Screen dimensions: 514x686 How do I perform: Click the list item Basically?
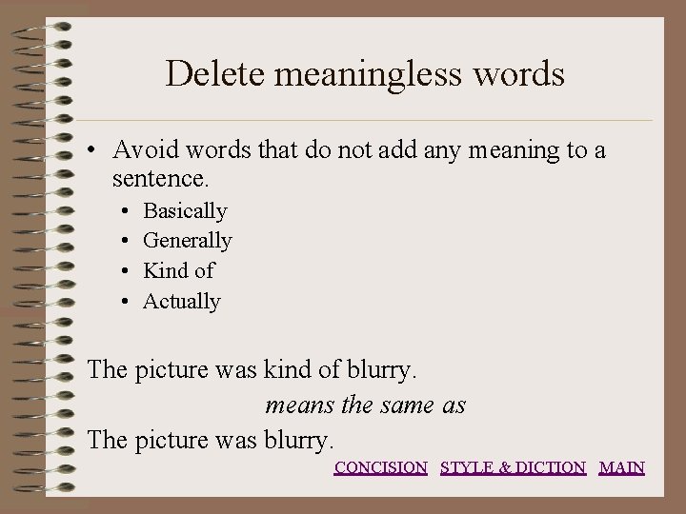click(x=185, y=210)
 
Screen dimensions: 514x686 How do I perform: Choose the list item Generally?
click(x=187, y=241)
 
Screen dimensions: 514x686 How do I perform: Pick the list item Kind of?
click(x=178, y=271)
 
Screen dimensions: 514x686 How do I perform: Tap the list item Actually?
click(x=181, y=302)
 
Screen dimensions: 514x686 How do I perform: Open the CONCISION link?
click(x=380, y=467)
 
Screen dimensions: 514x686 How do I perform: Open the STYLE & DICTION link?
click(x=513, y=467)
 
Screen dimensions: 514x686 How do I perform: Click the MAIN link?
click(x=621, y=467)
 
